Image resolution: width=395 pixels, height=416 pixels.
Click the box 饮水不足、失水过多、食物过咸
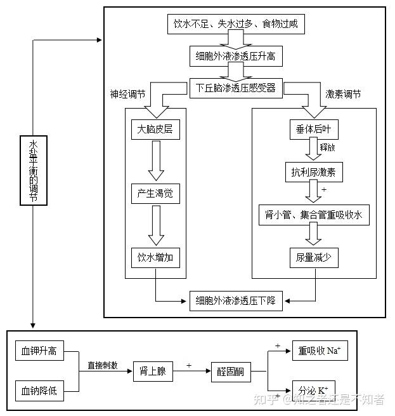click(235, 25)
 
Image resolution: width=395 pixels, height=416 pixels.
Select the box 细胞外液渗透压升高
click(235, 57)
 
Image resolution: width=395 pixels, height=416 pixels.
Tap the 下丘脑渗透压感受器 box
click(235, 88)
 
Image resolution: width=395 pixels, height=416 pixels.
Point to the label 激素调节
click(343, 93)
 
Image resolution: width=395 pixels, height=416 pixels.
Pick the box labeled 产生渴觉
click(155, 194)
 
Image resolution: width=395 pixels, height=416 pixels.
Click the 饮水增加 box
click(155, 257)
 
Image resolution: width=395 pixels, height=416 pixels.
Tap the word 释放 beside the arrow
click(328, 147)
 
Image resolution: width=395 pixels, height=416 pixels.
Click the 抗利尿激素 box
click(313, 171)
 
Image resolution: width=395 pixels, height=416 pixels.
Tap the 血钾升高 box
click(39, 351)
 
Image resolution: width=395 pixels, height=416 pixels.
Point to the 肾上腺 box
click(153, 371)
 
